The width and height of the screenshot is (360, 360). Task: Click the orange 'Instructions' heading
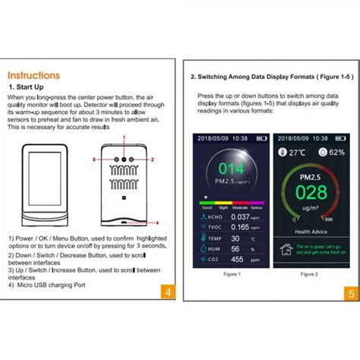tap(33, 75)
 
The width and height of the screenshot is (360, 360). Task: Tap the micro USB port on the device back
tap(122, 223)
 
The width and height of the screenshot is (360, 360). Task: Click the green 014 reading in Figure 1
tap(232, 169)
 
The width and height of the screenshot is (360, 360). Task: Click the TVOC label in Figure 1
tap(213, 226)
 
